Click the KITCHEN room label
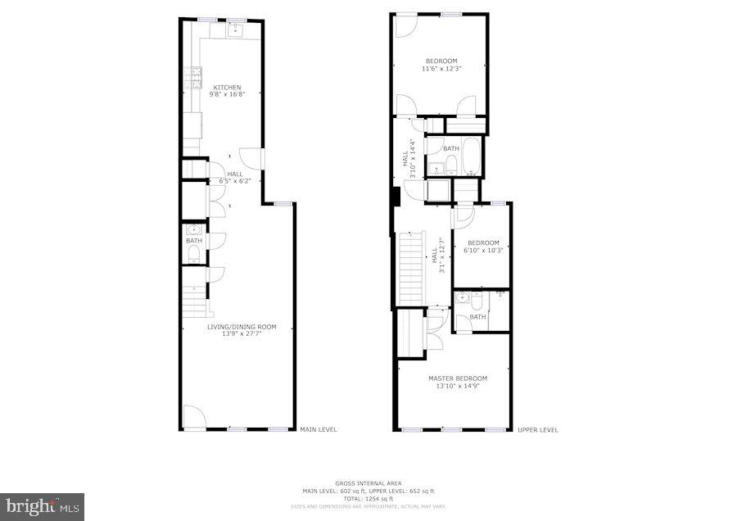pyautogui.click(x=227, y=87)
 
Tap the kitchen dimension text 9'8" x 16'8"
pyautogui.click(x=227, y=95)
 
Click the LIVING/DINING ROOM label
pyautogui.click(x=241, y=327)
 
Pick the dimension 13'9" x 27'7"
pyautogui.click(x=241, y=334)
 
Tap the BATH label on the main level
pyautogui.click(x=193, y=241)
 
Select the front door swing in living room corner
pyautogui.click(x=193, y=417)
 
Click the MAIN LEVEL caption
pyautogui.click(x=318, y=429)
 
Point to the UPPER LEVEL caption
pyautogui.click(x=538, y=429)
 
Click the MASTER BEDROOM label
pyautogui.click(x=457, y=378)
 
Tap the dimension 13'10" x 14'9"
pyautogui.click(x=457, y=386)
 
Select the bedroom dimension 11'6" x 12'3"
pyautogui.click(x=441, y=69)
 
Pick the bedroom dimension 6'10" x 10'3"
pyautogui.click(x=483, y=250)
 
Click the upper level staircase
pyautogui.click(x=409, y=266)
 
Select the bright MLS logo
pyautogui.click(x=42, y=505)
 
